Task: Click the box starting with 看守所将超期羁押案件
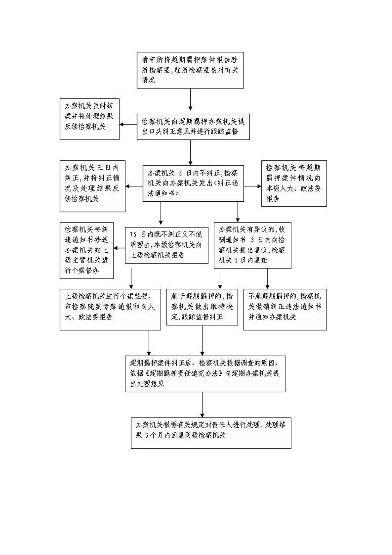(x=190, y=70)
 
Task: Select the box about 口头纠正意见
(x=193, y=127)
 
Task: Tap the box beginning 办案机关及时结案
(x=89, y=119)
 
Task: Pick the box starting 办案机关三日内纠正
(x=93, y=186)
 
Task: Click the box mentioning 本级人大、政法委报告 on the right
(x=294, y=183)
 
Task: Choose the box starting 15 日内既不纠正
(x=167, y=245)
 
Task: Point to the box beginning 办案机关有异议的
(x=253, y=245)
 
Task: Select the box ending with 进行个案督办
(x=87, y=250)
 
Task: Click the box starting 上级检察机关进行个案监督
(x=110, y=310)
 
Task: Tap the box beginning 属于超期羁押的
(x=202, y=307)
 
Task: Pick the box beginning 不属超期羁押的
(x=285, y=310)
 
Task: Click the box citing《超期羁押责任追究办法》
(x=205, y=374)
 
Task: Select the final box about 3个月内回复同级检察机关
(x=211, y=433)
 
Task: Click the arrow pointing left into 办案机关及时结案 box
(x=128, y=124)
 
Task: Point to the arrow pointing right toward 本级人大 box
(x=253, y=186)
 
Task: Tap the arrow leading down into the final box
(x=202, y=405)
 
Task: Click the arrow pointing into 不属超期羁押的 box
(x=267, y=279)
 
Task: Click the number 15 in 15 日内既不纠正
(x=133, y=235)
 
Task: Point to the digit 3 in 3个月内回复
(x=147, y=435)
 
